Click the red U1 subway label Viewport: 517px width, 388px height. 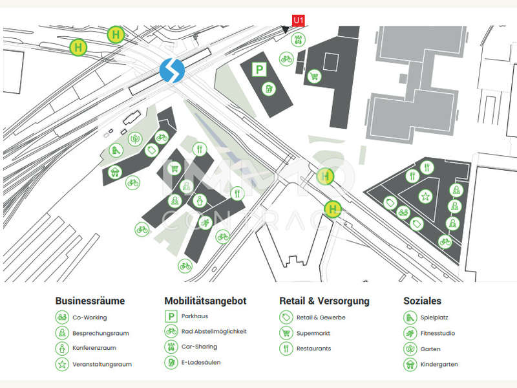(x=299, y=20)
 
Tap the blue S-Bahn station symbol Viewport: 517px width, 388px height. (x=172, y=70)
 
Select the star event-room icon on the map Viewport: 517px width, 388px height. (x=425, y=196)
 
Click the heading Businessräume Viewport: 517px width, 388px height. (x=90, y=301)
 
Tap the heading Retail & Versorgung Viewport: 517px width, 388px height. (x=324, y=301)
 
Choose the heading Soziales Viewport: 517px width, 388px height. (x=423, y=301)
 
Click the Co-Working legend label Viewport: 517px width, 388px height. (x=90, y=318)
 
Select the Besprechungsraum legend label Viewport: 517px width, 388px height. (x=100, y=333)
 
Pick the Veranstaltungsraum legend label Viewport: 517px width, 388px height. (x=102, y=364)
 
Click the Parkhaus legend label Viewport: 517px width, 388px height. (x=195, y=316)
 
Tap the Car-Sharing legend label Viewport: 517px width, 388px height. (x=199, y=347)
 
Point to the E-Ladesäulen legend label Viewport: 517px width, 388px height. (x=201, y=362)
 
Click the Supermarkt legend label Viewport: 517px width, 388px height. (x=313, y=333)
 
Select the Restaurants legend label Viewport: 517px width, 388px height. (x=313, y=349)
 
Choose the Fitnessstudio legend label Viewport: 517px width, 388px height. (x=438, y=333)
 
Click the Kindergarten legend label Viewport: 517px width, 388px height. (x=439, y=364)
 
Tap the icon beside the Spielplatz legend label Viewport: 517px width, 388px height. (x=410, y=318)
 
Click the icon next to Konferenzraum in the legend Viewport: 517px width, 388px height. (x=62, y=349)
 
